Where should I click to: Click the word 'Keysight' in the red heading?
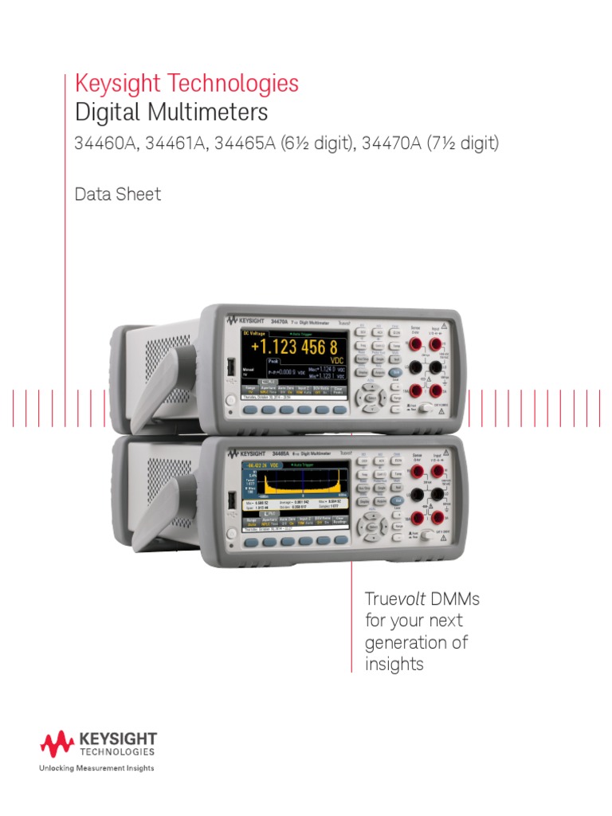pyautogui.click(x=115, y=83)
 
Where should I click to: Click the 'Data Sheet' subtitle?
pyautogui.click(x=117, y=194)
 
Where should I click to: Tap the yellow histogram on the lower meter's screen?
pyautogui.click(x=295, y=482)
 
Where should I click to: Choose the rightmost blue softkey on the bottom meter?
pyautogui.click(x=340, y=542)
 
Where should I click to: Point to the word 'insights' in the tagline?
pyautogui.click(x=394, y=664)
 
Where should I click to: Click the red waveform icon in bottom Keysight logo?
pyautogui.click(x=57, y=745)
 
